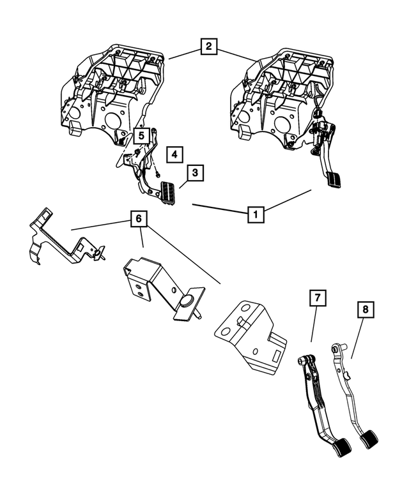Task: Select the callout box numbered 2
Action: coord(208,46)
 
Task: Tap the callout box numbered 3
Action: coord(196,172)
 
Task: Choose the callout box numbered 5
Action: coord(142,135)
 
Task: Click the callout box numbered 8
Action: coord(366,310)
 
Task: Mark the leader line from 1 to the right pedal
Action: coord(288,199)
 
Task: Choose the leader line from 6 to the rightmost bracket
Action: coord(185,255)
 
